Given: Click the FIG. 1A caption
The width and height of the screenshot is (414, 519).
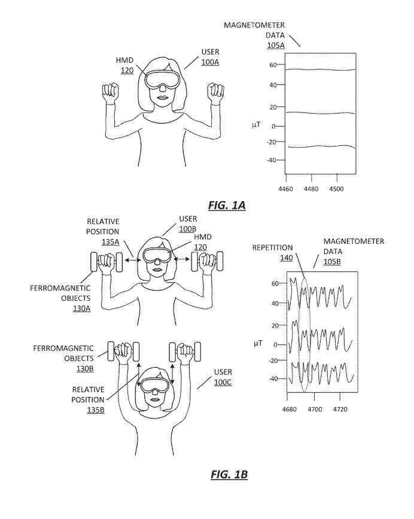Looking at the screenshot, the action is (x=227, y=205).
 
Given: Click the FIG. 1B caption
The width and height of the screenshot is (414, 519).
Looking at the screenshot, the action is (x=229, y=474).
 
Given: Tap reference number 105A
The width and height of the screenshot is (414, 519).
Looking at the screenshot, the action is (x=276, y=45).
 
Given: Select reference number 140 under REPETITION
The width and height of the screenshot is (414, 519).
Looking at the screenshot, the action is (x=287, y=258).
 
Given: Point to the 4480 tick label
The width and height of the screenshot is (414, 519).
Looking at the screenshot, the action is (x=311, y=189).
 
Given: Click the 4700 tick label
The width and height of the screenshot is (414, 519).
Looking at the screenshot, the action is (x=315, y=410).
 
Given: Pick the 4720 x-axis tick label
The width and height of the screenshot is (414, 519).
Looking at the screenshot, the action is (x=340, y=410).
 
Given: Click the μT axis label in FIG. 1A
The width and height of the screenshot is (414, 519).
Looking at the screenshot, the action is (x=256, y=125).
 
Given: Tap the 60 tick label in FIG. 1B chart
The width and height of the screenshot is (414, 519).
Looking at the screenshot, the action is (x=275, y=283).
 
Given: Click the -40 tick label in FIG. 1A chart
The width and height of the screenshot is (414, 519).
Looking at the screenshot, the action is (x=271, y=160).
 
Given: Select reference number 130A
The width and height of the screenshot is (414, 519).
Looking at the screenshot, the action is (x=81, y=309).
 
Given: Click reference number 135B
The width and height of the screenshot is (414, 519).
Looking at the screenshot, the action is (x=96, y=410).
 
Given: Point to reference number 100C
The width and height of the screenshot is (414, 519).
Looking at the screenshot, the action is (x=223, y=382).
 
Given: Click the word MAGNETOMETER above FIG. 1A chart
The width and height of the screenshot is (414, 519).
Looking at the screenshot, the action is (x=254, y=25).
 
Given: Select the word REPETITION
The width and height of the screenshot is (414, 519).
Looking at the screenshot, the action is (x=273, y=248).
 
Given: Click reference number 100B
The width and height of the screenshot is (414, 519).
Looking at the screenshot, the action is (x=188, y=229).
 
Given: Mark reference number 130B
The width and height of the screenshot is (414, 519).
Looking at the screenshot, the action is (x=85, y=369).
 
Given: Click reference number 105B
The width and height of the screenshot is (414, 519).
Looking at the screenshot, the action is (x=332, y=262).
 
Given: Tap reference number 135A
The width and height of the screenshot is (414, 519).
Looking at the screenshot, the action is (x=110, y=242).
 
